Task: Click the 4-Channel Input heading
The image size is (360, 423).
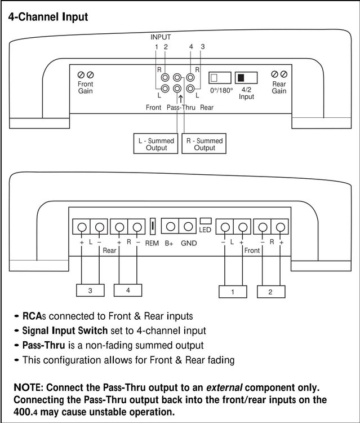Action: (x=48, y=17)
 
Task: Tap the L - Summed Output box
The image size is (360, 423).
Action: (x=155, y=143)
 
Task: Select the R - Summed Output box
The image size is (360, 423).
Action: (x=204, y=143)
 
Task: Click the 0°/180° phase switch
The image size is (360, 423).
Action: (x=220, y=78)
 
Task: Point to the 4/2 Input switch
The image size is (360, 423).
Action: (x=246, y=78)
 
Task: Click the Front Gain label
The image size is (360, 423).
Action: (x=86, y=87)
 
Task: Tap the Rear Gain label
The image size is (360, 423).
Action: (x=279, y=87)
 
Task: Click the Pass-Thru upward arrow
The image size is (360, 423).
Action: (x=180, y=99)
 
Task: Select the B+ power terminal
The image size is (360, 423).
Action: (x=170, y=226)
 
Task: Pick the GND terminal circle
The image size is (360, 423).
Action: (x=188, y=226)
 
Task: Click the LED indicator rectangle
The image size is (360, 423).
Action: (x=205, y=221)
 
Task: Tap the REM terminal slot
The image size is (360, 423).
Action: (x=153, y=226)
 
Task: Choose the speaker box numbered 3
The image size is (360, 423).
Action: (x=90, y=290)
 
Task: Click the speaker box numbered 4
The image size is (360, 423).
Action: (x=128, y=290)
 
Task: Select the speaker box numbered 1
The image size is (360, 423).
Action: (x=233, y=292)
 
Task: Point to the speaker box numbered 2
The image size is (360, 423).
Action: (x=271, y=292)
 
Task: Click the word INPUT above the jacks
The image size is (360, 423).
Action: (x=161, y=37)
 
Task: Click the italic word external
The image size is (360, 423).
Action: (x=224, y=387)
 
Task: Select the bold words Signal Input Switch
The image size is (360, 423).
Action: (x=65, y=331)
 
